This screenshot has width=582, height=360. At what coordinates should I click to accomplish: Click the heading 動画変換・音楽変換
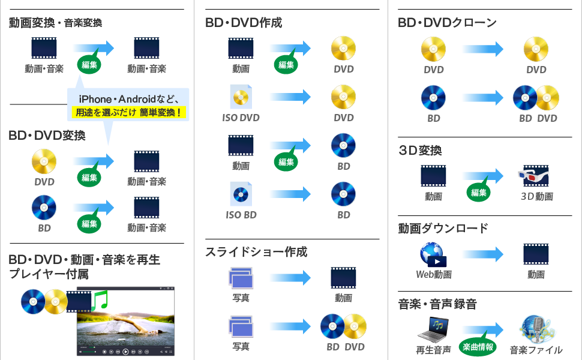click(x=55, y=23)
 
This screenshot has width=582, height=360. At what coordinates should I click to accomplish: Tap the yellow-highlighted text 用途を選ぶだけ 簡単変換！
click(x=128, y=112)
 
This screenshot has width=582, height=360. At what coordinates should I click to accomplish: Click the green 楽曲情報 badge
click(x=478, y=346)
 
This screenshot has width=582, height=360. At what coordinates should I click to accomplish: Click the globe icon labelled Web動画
click(x=433, y=254)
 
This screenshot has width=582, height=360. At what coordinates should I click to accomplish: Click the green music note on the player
click(x=100, y=298)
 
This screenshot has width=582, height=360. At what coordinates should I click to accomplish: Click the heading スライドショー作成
click(x=256, y=252)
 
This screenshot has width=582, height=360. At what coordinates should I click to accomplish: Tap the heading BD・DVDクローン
click(x=447, y=23)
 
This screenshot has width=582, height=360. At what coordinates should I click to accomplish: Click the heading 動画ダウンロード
click(x=443, y=228)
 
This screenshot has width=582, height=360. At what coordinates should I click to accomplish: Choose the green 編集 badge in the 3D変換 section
click(x=478, y=193)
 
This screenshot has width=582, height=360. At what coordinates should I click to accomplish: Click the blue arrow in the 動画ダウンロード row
click(x=483, y=254)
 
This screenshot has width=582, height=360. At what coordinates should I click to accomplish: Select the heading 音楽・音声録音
click(x=437, y=304)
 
